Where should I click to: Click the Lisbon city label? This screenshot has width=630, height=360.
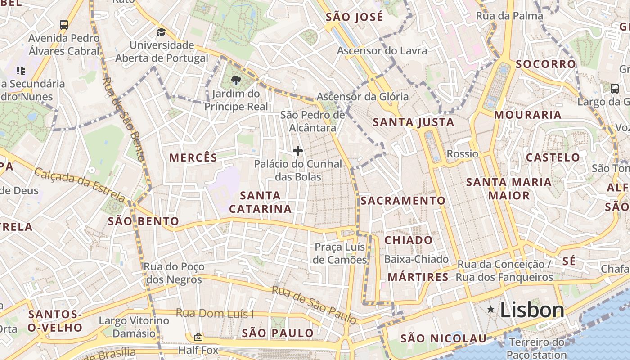pyautogui.click(x=532, y=310)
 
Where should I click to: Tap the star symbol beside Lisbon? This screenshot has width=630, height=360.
pyautogui.click(x=490, y=309)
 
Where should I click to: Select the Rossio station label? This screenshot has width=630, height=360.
pyautogui.click(x=462, y=154)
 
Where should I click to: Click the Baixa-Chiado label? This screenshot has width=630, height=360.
pyautogui.click(x=416, y=259)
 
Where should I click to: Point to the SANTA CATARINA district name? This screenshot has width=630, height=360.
pyautogui.click(x=260, y=202)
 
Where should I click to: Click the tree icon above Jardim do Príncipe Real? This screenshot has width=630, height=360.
pyautogui.click(x=235, y=81)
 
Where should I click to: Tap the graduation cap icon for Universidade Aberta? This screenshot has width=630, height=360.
pyautogui.click(x=161, y=32)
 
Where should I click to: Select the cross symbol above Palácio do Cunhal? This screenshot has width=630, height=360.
pyautogui.click(x=297, y=151)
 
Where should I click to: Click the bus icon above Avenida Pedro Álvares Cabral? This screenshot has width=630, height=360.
pyautogui.click(x=64, y=24)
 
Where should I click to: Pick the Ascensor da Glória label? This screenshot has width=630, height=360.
pyautogui.click(x=362, y=97)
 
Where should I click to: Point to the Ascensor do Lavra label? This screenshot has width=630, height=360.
pyautogui.click(x=382, y=51)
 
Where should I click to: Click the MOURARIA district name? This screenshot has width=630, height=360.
pyautogui.click(x=528, y=115)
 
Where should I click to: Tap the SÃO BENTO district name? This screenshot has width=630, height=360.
pyautogui.click(x=144, y=221)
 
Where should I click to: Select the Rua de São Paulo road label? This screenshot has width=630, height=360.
pyautogui.click(x=314, y=305)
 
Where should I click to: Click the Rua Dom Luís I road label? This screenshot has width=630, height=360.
pyautogui.click(x=215, y=313)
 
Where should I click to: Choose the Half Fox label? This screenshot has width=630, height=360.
pyautogui.click(x=198, y=350)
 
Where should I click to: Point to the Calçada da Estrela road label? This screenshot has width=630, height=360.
pyautogui.click(x=80, y=184)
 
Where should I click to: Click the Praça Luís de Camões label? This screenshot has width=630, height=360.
pyautogui.click(x=341, y=253)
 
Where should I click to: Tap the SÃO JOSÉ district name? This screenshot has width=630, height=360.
pyautogui.click(x=354, y=17)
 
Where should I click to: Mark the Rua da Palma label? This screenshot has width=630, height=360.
pyautogui.click(x=509, y=16)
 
